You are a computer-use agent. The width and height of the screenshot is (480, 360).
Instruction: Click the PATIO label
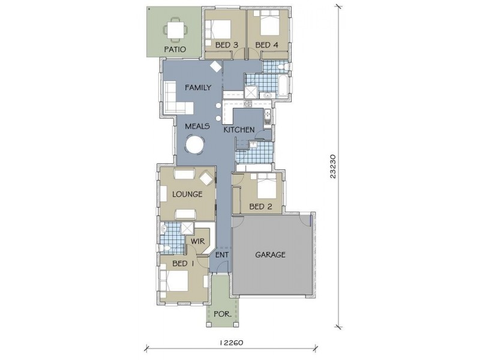point(175,49)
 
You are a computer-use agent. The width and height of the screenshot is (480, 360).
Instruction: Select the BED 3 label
point(227,45)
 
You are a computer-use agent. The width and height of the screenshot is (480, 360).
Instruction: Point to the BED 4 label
point(267,45)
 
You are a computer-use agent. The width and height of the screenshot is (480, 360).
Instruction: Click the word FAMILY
point(198,88)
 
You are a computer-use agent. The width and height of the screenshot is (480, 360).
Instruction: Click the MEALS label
point(197,126)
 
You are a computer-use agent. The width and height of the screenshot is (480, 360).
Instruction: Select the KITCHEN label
point(239,130)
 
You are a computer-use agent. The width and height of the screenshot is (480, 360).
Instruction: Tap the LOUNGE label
point(187,194)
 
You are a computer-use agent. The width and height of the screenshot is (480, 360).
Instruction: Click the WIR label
point(198,241)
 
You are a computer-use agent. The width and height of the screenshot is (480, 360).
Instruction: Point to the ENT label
point(222,254)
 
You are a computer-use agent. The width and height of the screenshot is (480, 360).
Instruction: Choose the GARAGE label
point(271,254)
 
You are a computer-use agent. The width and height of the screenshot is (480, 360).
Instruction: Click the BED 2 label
point(260,206)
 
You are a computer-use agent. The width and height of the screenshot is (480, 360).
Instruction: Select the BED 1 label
point(183,263)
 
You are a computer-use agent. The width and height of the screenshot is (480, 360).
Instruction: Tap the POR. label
point(223,314)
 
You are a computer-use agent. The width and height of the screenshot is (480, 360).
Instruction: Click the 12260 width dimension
point(232,342)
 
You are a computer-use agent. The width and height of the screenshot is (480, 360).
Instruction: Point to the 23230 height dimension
point(334,167)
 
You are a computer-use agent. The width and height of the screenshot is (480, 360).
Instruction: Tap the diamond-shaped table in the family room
point(216,67)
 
